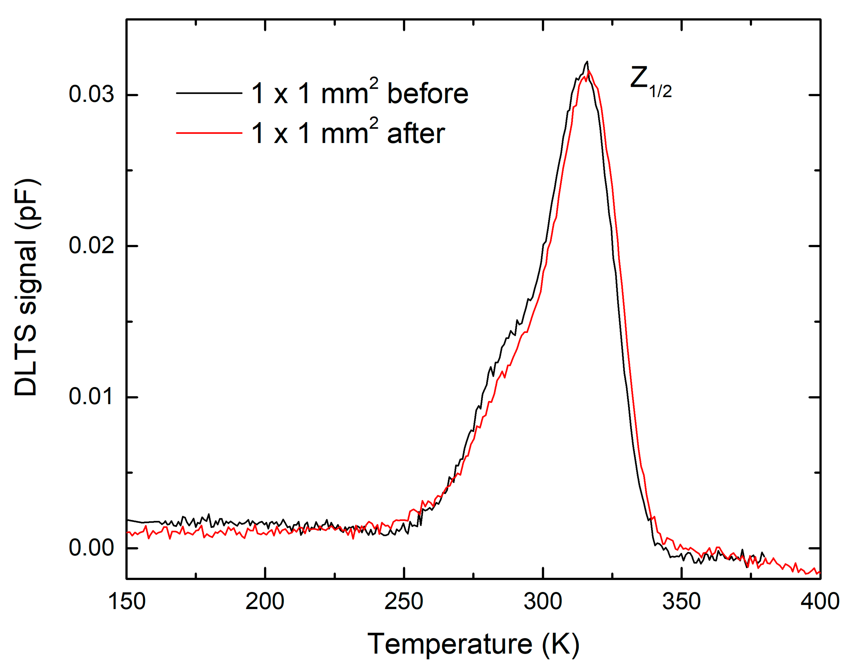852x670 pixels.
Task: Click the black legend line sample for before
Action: (209, 93)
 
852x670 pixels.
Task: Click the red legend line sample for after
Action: (209, 133)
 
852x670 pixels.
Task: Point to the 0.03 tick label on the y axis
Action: (91, 94)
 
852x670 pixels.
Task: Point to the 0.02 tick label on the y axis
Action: (91, 246)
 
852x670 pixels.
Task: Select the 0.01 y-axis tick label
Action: (91, 397)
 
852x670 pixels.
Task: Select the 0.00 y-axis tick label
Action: (91, 548)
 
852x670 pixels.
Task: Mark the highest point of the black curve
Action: (587, 62)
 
